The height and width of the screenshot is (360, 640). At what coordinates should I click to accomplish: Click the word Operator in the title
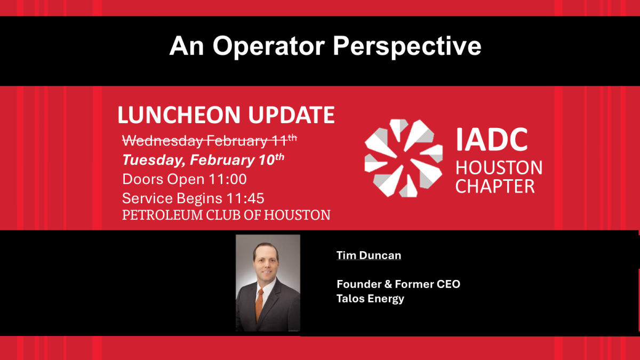coord(269,46)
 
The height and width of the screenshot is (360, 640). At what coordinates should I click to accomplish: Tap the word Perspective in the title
coord(407,46)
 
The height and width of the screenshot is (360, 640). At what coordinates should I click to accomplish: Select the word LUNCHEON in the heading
coord(179,115)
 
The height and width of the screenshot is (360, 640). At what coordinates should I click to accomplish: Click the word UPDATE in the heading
coord(291,115)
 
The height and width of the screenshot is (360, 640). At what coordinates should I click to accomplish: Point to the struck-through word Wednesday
coord(163,141)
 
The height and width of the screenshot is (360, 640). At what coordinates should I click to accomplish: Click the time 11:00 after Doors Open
coord(228,179)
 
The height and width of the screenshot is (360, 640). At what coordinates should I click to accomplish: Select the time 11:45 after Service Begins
coord(245,198)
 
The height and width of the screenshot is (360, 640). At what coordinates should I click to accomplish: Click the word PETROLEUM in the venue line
coord(162,215)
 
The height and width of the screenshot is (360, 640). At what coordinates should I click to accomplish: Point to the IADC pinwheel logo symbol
coord(404,158)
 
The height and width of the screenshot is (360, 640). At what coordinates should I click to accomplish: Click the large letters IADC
coord(491,140)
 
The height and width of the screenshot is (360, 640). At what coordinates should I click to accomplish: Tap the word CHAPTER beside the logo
coord(495,187)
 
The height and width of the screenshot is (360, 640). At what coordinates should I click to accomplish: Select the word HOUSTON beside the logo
coord(499,167)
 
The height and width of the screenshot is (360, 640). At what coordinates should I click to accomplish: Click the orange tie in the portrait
coord(259,304)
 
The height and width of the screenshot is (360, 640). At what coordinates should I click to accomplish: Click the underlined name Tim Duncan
coord(369,255)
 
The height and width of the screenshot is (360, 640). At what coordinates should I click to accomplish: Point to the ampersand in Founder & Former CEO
coord(388,284)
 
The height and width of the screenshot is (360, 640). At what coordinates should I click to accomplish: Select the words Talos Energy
coord(370,299)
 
